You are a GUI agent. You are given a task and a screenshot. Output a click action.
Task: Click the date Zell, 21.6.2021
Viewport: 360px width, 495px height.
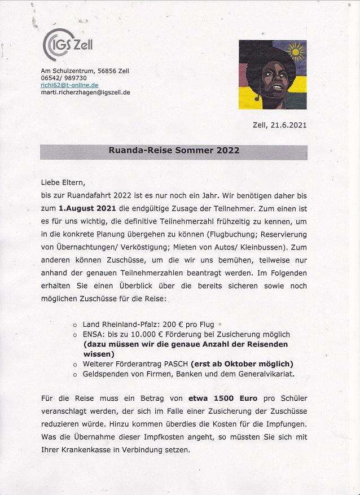coord(279,125)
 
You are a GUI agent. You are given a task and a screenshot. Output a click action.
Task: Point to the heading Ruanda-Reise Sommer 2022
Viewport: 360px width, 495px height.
coord(174,151)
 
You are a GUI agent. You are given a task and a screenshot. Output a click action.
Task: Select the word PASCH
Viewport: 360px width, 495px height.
coord(175,363)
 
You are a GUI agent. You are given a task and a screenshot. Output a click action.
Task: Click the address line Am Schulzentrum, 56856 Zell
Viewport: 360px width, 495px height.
coord(85,71)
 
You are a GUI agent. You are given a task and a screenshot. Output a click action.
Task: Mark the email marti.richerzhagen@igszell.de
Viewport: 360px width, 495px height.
coord(85,91)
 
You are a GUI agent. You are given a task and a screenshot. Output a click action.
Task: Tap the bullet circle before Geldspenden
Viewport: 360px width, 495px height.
coord(76,374)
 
